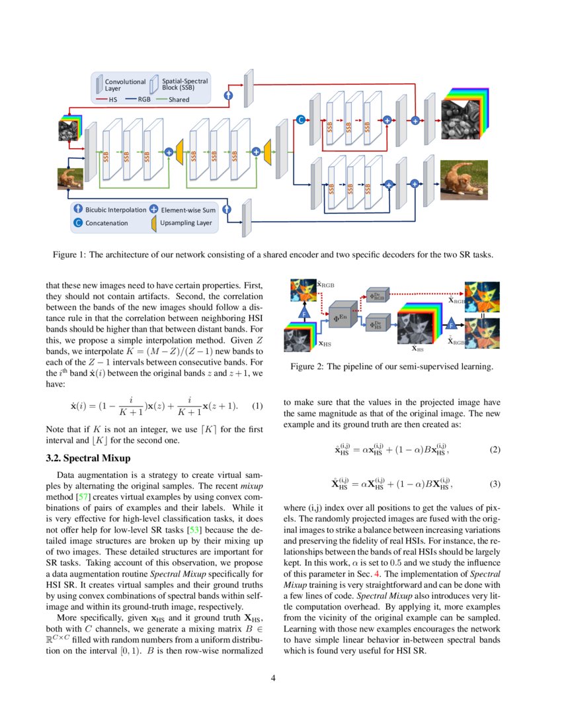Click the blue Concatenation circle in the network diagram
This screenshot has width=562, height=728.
300,120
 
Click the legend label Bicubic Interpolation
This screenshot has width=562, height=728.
116,210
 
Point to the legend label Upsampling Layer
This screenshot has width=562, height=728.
186,223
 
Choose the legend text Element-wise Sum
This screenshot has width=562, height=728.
186,210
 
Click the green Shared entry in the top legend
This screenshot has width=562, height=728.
179,100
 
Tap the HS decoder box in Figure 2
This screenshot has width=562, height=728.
377,325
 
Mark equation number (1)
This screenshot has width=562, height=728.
258,405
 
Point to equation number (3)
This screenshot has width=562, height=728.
495,484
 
